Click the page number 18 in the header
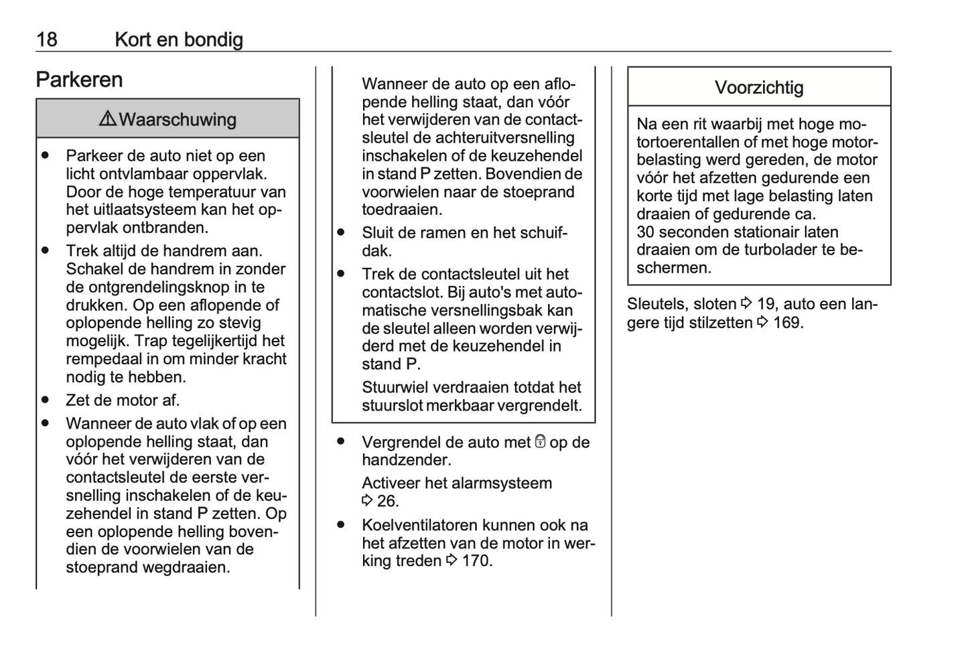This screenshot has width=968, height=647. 47,40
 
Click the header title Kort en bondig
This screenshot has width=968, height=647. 179,40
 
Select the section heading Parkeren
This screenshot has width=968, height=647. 79,80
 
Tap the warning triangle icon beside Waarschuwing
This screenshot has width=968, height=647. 107,119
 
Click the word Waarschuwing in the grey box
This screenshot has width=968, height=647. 178,120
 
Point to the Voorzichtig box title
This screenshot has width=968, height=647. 759,88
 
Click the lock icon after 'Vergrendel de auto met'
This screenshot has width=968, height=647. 541,442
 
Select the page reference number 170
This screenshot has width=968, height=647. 476,561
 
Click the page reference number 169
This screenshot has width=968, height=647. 787,323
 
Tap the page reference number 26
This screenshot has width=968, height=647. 387,502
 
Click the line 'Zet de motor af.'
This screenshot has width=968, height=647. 123,401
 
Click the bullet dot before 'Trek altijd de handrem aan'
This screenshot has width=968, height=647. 46,250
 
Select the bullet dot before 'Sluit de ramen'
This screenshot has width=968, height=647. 341,233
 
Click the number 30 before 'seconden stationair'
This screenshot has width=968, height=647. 645,232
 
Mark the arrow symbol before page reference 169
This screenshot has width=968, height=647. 762,323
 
